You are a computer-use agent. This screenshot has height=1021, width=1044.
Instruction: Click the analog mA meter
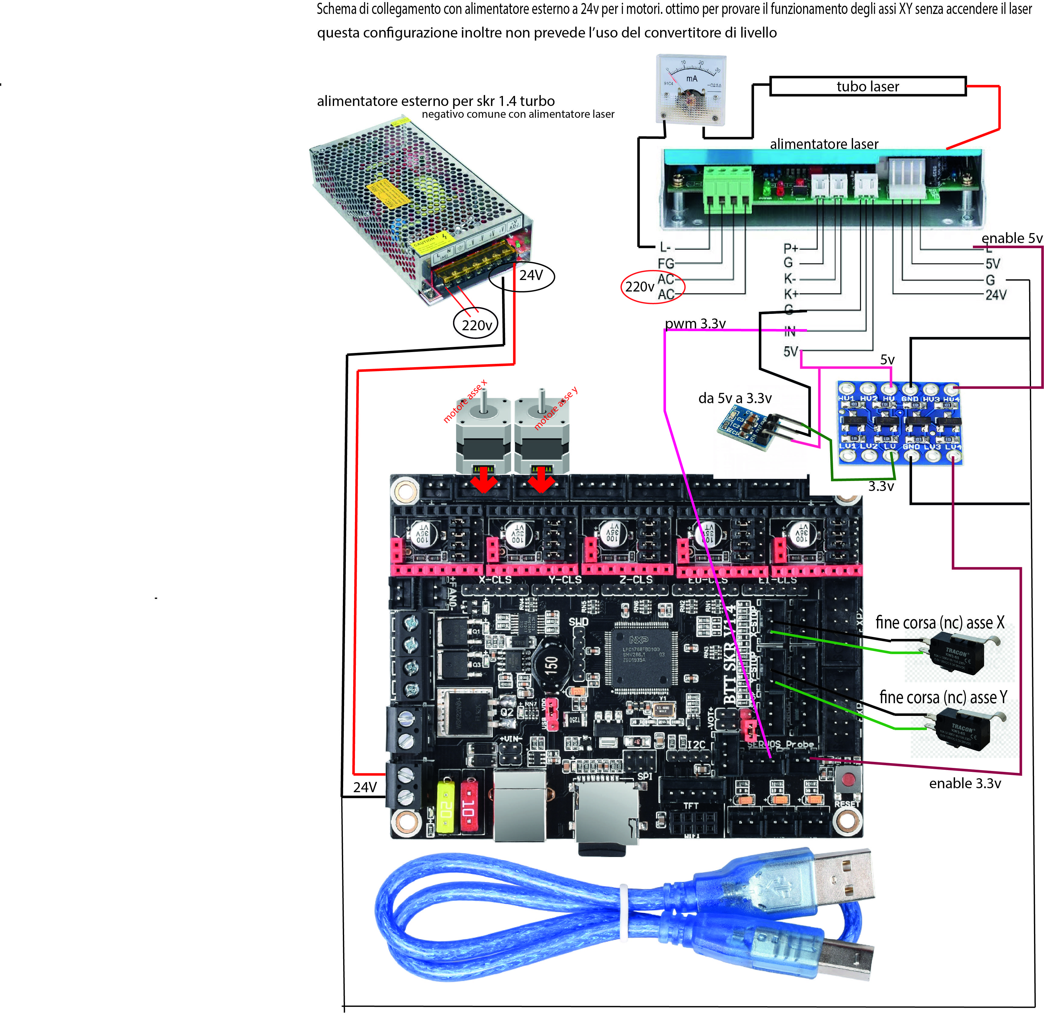tap(691, 88)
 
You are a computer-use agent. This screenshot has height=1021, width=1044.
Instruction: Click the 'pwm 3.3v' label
tap(695, 323)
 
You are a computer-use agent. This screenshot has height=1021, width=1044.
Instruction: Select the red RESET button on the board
tap(848, 779)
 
